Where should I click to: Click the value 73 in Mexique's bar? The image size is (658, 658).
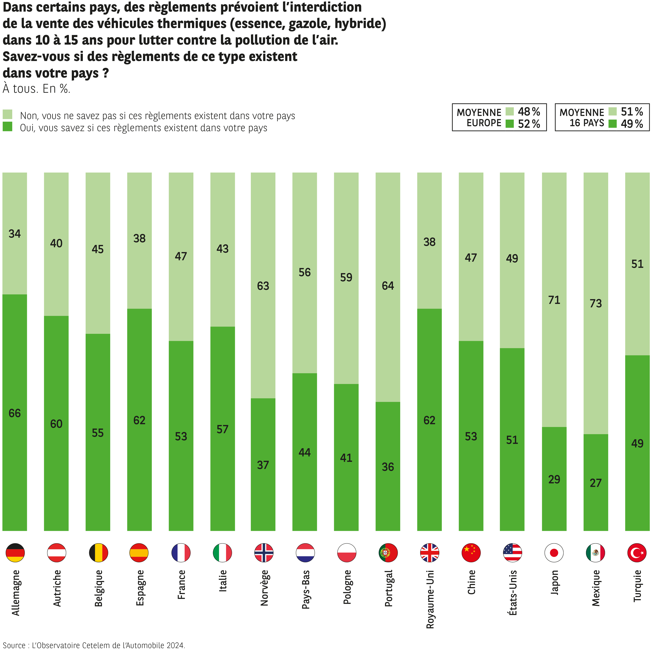click(596, 303)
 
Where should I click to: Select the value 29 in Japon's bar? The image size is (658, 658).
click(554, 479)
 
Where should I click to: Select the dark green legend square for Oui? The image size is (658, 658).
click(7, 127)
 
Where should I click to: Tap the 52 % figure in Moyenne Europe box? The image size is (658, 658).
click(529, 124)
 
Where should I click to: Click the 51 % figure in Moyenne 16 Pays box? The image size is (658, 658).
click(632, 112)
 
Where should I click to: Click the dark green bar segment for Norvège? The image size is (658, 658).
click(263, 494)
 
